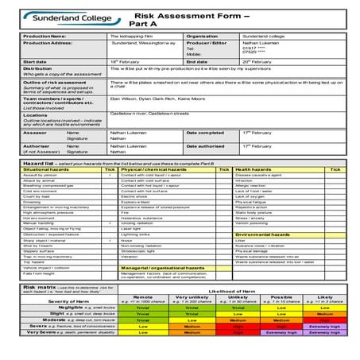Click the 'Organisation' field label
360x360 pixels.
[x=202, y=36]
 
